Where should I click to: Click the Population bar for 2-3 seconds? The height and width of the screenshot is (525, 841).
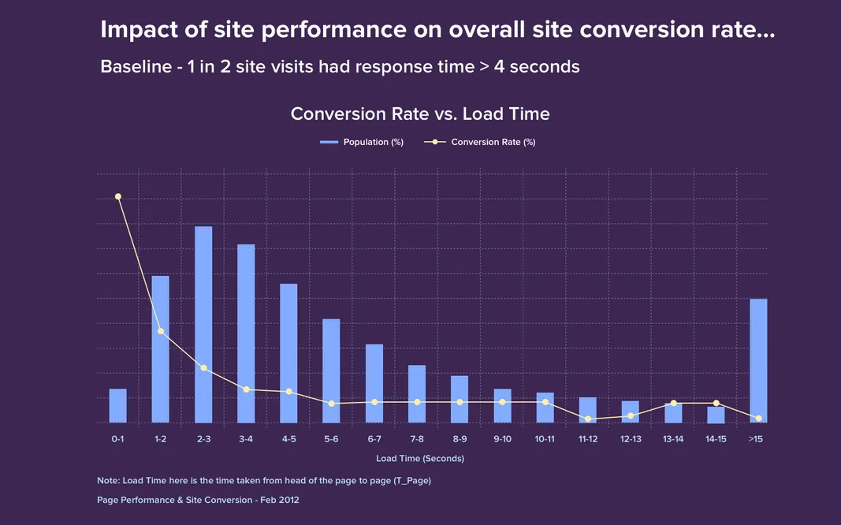[203, 324]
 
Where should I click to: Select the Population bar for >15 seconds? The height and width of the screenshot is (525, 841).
[758, 360]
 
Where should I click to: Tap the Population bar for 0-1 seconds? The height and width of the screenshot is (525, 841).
[117, 405]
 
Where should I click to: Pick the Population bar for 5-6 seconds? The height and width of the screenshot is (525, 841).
[331, 370]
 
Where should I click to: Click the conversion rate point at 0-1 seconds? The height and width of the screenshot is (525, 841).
[118, 196]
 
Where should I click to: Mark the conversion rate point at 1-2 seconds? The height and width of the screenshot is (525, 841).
[161, 331]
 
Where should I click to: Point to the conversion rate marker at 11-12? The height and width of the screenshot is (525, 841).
[588, 419]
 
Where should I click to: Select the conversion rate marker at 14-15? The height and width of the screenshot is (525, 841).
[716, 403]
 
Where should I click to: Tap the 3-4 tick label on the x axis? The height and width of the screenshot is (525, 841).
[246, 438]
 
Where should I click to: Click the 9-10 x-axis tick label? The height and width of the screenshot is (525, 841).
[502, 438]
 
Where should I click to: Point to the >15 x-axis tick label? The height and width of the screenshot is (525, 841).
[755, 438]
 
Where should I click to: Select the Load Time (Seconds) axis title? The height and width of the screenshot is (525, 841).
[420, 458]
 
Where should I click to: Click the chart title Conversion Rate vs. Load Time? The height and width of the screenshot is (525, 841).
[420, 114]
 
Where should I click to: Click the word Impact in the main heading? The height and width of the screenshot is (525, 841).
[133, 30]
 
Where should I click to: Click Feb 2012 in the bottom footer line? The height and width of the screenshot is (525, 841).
[281, 500]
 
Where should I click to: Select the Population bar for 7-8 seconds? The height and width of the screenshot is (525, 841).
[417, 393]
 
